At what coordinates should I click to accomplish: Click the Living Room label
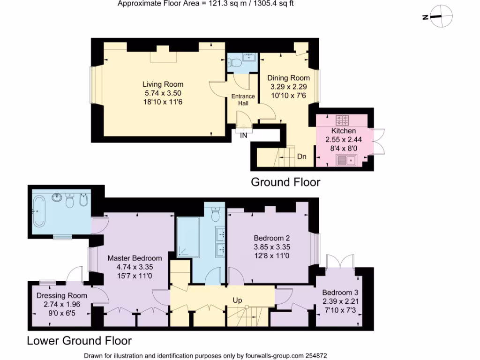[163, 84]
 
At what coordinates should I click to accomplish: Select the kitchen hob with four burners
[344, 120]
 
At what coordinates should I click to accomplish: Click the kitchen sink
[346, 161]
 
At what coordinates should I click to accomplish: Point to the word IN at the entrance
[244, 135]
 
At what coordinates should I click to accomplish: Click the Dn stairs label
[302, 157]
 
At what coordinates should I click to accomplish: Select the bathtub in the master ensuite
[39, 211]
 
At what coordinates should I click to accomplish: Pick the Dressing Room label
[62, 295]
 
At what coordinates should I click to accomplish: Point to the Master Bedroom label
[135, 258]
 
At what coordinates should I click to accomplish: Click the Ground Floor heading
[285, 182]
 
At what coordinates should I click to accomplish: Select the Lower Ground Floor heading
[79, 340]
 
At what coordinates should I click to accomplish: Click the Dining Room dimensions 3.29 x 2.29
[288, 87]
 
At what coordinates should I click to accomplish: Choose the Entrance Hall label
[243, 99]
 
